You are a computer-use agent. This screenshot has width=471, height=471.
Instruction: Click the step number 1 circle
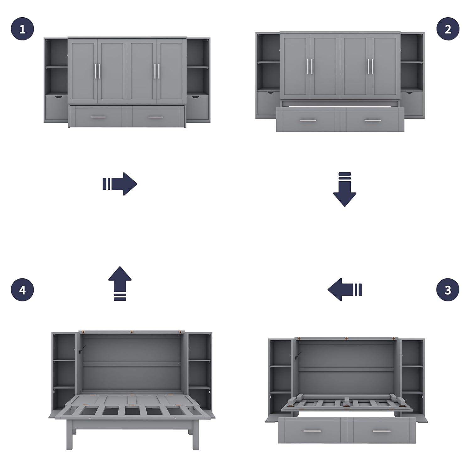click(x=22, y=29)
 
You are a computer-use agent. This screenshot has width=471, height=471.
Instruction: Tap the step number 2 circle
click(x=448, y=29)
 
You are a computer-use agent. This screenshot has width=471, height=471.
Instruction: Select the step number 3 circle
click(x=448, y=290)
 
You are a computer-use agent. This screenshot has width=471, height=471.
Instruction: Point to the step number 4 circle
click(x=22, y=290)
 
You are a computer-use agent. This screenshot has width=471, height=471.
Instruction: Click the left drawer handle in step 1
click(x=98, y=117)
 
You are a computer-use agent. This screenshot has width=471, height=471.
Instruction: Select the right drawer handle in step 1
click(x=156, y=117)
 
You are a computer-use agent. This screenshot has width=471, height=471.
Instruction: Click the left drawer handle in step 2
click(x=307, y=120)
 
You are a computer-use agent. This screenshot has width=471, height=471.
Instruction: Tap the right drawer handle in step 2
click(x=373, y=120)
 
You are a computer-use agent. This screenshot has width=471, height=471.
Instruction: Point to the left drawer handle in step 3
click(x=312, y=431)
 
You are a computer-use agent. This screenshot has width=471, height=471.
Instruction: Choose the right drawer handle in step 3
click(x=382, y=431)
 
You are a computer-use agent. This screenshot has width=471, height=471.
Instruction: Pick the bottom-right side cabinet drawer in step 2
click(x=412, y=104)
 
